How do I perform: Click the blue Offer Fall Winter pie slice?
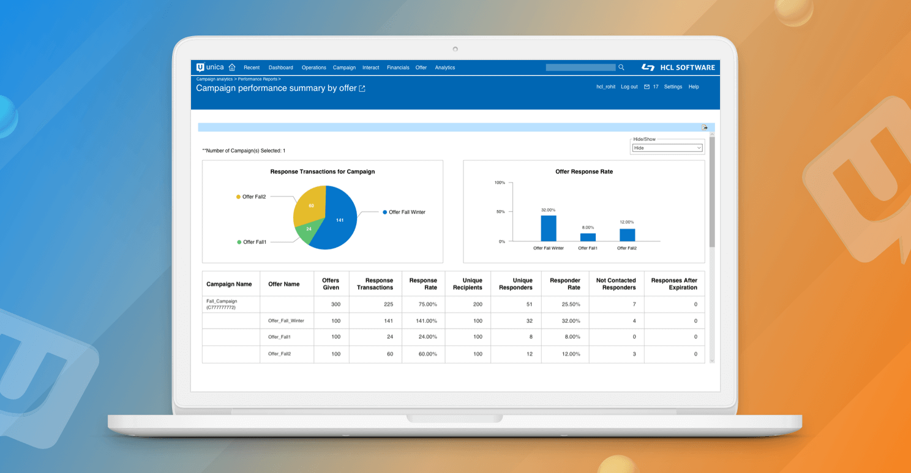tap(337, 221)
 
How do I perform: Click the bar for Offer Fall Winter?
tap(549, 229)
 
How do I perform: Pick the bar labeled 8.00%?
tap(588, 237)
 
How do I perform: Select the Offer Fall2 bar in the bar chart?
tap(627, 235)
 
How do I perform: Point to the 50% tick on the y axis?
tap(500, 212)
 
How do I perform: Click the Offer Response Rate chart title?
tap(583, 172)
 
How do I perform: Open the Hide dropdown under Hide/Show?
tap(667, 148)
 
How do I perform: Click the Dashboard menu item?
tap(280, 67)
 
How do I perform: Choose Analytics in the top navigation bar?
tap(445, 67)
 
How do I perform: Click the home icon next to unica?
tap(232, 67)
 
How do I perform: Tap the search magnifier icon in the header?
tap(621, 67)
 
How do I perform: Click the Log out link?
tap(629, 87)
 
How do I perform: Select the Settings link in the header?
tap(673, 87)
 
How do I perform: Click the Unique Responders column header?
tap(515, 284)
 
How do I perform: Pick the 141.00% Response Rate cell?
tap(423, 320)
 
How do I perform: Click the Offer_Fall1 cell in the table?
tap(279, 336)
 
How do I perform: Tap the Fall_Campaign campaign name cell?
tap(222, 304)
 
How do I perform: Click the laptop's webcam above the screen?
tap(455, 49)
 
